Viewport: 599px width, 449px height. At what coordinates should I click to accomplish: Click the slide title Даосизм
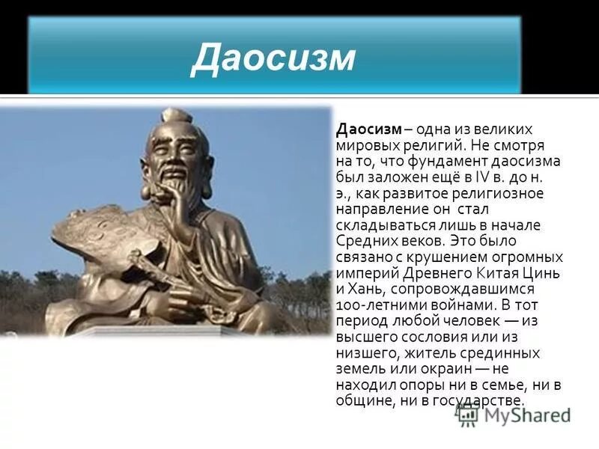point(273,59)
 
